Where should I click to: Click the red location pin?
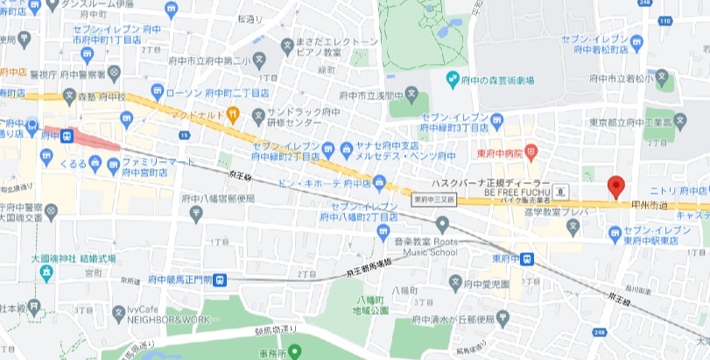[x=615, y=187]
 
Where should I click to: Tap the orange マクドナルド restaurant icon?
[x=233, y=113]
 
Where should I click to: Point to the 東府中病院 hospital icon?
[x=531, y=153]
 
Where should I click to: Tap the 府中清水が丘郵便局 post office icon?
[x=500, y=316]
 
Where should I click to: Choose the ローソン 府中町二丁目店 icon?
[x=158, y=90]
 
